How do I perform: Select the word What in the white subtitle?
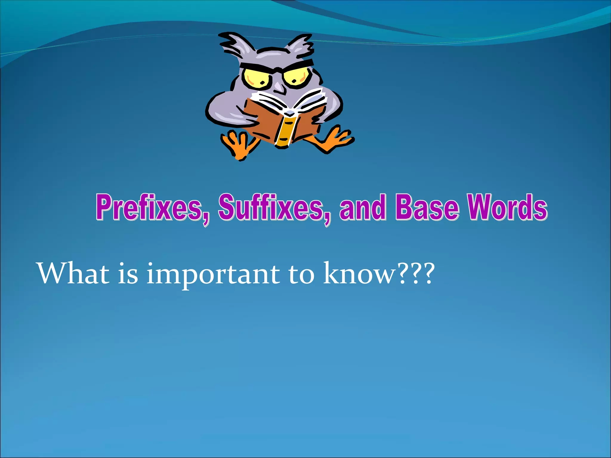tap(73, 274)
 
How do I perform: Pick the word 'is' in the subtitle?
tap(128, 274)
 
